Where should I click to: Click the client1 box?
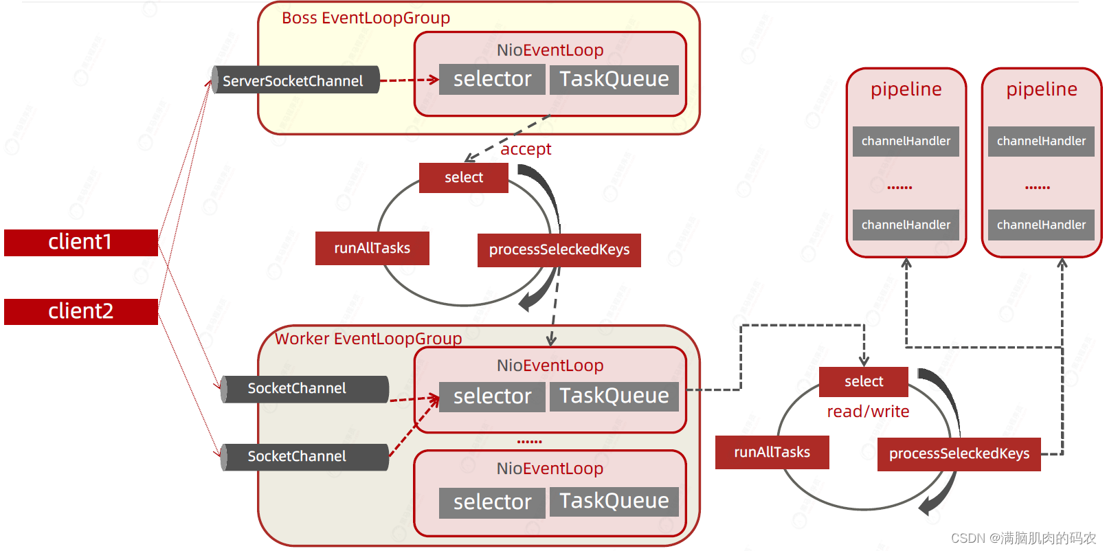click(x=81, y=243)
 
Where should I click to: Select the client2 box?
click(x=81, y=311)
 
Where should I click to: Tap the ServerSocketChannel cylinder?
click(x=295, y=80)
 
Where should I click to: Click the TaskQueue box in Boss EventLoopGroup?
click(x=614, y=80)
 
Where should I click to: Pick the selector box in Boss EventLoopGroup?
click(x=492, y=80)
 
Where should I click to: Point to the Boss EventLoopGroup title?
click(x=366, y=18)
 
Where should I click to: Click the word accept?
click(x=526, y=149)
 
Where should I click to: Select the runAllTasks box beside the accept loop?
click(x=372, y=248)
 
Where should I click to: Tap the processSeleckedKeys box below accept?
click(x=559, y=249)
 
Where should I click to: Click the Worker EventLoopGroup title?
click(x=368, y=339)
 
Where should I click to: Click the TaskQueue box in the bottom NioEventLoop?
click(x=614, y=502)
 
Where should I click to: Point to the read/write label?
click(x=868, y=412)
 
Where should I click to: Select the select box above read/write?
click(x=863, y=382)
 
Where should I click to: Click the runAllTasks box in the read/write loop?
click(x=772, y=452)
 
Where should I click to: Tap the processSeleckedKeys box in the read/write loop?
click(x=959, y=454)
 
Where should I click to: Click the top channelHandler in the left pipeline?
click(x=906, y=142)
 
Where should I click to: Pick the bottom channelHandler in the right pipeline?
click(x=1041, y=225)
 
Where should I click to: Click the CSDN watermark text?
click(x=1023, y=538)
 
